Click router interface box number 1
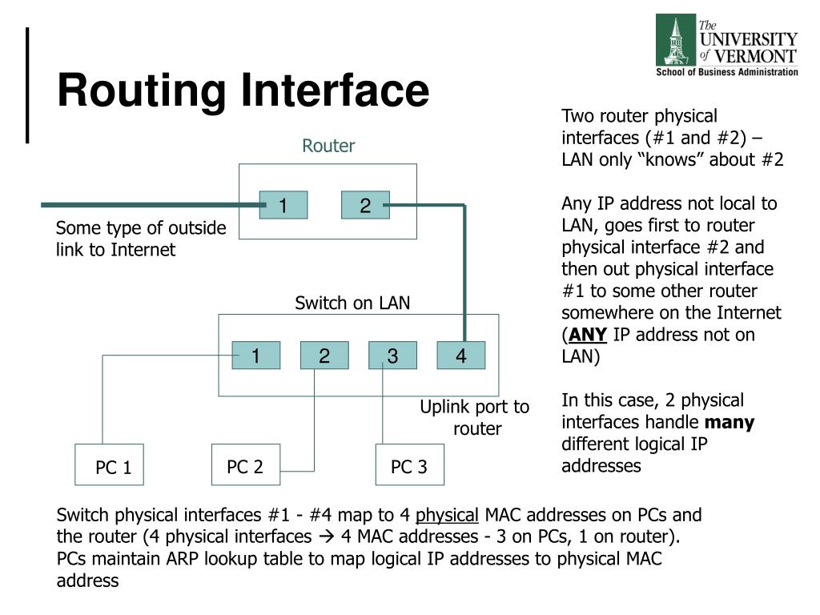pos(283,205)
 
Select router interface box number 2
pos(365,205)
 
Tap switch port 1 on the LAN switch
pos(256,356)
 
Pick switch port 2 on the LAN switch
pos(324,356)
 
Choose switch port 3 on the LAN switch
pos(392,356)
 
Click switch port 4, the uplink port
pos(461,356)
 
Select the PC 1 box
pos(109,465)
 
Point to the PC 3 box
pos(409,465)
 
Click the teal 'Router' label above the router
pos(328,146)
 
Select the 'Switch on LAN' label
pos(352,303)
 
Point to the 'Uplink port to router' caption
pos(476,417)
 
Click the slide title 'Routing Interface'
pos(243,90)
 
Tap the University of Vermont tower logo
pos(676,40)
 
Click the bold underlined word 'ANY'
pos(588,335)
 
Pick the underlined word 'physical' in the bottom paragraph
pos(447,514)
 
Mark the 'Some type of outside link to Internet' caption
pos(141,239)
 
